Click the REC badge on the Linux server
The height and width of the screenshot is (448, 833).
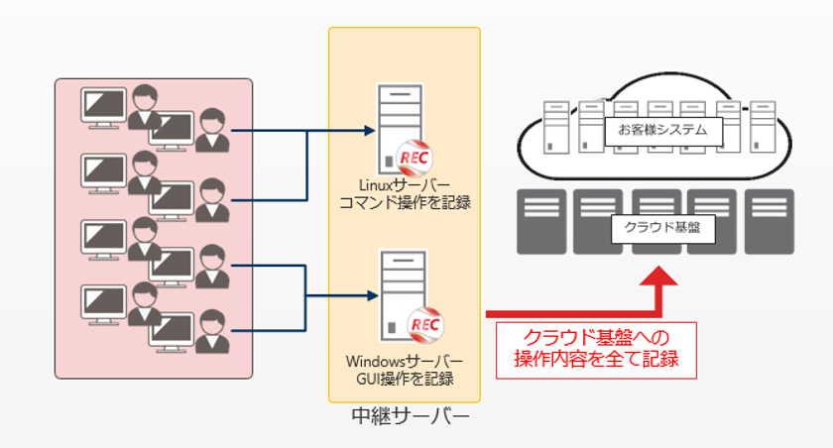[415, 158]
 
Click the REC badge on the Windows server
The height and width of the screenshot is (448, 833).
[425, 324]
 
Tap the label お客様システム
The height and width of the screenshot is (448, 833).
[663, 130]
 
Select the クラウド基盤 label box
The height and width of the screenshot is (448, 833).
[662, 229]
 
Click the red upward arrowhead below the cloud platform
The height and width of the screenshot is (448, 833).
[658, 276]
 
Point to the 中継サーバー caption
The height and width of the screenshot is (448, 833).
[411, 416]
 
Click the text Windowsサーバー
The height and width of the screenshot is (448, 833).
[405, 362]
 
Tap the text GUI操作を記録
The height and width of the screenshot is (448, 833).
[405, 379]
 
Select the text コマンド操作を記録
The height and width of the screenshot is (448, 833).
[405, 203]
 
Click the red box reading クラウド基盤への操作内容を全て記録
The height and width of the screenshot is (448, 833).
[596, 350]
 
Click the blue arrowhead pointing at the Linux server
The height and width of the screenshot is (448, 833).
[370, 130]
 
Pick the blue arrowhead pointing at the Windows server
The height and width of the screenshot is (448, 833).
[373, 295]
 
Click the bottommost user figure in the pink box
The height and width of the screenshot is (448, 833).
[212, 332]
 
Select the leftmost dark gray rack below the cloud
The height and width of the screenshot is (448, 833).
[541, 222]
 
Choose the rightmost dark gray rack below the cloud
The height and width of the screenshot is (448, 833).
[770, 222]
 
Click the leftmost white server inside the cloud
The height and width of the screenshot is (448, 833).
[556, 128]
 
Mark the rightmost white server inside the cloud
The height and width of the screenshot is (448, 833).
[763, 128]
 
